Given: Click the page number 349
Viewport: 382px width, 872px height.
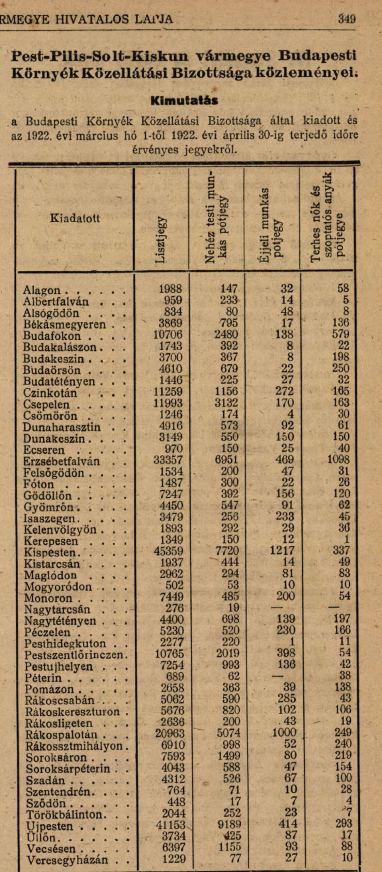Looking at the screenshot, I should coord(347,18).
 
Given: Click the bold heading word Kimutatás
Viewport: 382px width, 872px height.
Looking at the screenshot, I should coord(184,100).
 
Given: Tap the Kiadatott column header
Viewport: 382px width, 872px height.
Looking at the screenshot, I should coord(75,218).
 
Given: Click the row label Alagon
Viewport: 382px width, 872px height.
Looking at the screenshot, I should coord(42,291).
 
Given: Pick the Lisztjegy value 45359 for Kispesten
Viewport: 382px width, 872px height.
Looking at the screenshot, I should coord(168,551).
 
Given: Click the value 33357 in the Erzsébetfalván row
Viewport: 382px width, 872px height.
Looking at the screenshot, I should coord(168,460).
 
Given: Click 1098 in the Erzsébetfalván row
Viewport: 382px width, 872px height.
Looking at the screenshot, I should coord(338,460).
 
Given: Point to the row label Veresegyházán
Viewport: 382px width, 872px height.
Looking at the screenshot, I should coord(67,860).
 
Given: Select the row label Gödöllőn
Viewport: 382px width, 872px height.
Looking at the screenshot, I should coord(47,496).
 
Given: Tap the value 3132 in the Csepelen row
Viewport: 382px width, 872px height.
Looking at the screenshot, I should coord(226,403).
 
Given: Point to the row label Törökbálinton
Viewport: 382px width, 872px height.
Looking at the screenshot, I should coord(64,814).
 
